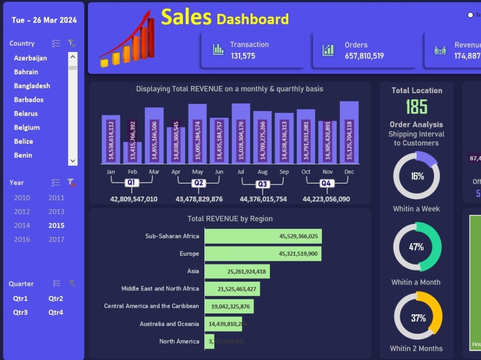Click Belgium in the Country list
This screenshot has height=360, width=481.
(x=27, y=127)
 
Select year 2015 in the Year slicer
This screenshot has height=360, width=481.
(x=56, y=225)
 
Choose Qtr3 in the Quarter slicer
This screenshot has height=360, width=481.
(x=20, y=312)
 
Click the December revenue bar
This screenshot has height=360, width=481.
(x=349, y=133)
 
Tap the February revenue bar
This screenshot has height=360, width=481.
(x=133, y=147)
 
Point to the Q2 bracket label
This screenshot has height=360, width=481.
(x=199, y=183)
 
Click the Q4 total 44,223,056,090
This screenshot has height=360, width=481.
(x=326, y=199)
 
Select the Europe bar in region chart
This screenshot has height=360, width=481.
(x=263, y=254)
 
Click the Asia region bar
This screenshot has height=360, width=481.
(x=237, y=272)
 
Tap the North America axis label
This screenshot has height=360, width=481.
(x=179, y=341)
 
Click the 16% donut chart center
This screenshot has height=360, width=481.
(x=417, y=176)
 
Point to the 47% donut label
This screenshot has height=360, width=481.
(x=417, y=247)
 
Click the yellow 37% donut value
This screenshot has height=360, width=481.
(x=418, y=318)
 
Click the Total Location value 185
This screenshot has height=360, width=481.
(x=417, y=106)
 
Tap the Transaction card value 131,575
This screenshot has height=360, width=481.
(x=243, y=56)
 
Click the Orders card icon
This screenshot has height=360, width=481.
(x=329, y=50)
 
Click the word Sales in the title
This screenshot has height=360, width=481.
(x=186, y=17)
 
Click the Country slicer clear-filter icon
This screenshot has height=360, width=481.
(x=72, y=44)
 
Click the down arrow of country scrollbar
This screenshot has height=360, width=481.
(x=73, y=161)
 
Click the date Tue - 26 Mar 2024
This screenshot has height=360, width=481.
(x=44, y=20)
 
